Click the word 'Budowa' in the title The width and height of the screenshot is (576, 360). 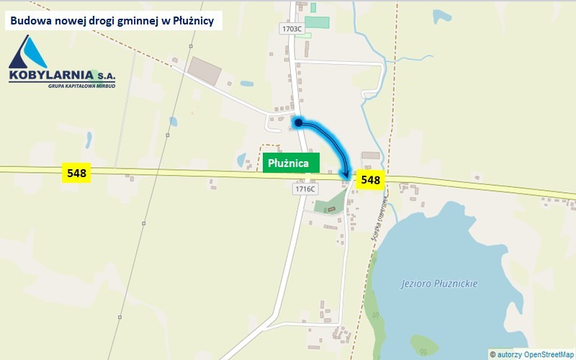(30, 21)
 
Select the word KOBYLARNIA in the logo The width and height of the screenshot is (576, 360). (50, 75)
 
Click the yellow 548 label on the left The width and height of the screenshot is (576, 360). (76, 173)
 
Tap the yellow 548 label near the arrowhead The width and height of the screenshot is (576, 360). (370, 179)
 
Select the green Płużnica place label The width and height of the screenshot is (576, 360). (288, 163)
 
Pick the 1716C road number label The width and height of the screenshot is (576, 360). (305, 189)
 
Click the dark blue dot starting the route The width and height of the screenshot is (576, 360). (297, 123)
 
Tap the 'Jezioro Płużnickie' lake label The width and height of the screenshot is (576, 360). (439, 284)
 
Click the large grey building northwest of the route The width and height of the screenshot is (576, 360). (207, 69)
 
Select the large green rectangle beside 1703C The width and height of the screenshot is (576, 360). (318, 22)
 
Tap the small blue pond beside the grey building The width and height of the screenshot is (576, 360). (246, 83)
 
